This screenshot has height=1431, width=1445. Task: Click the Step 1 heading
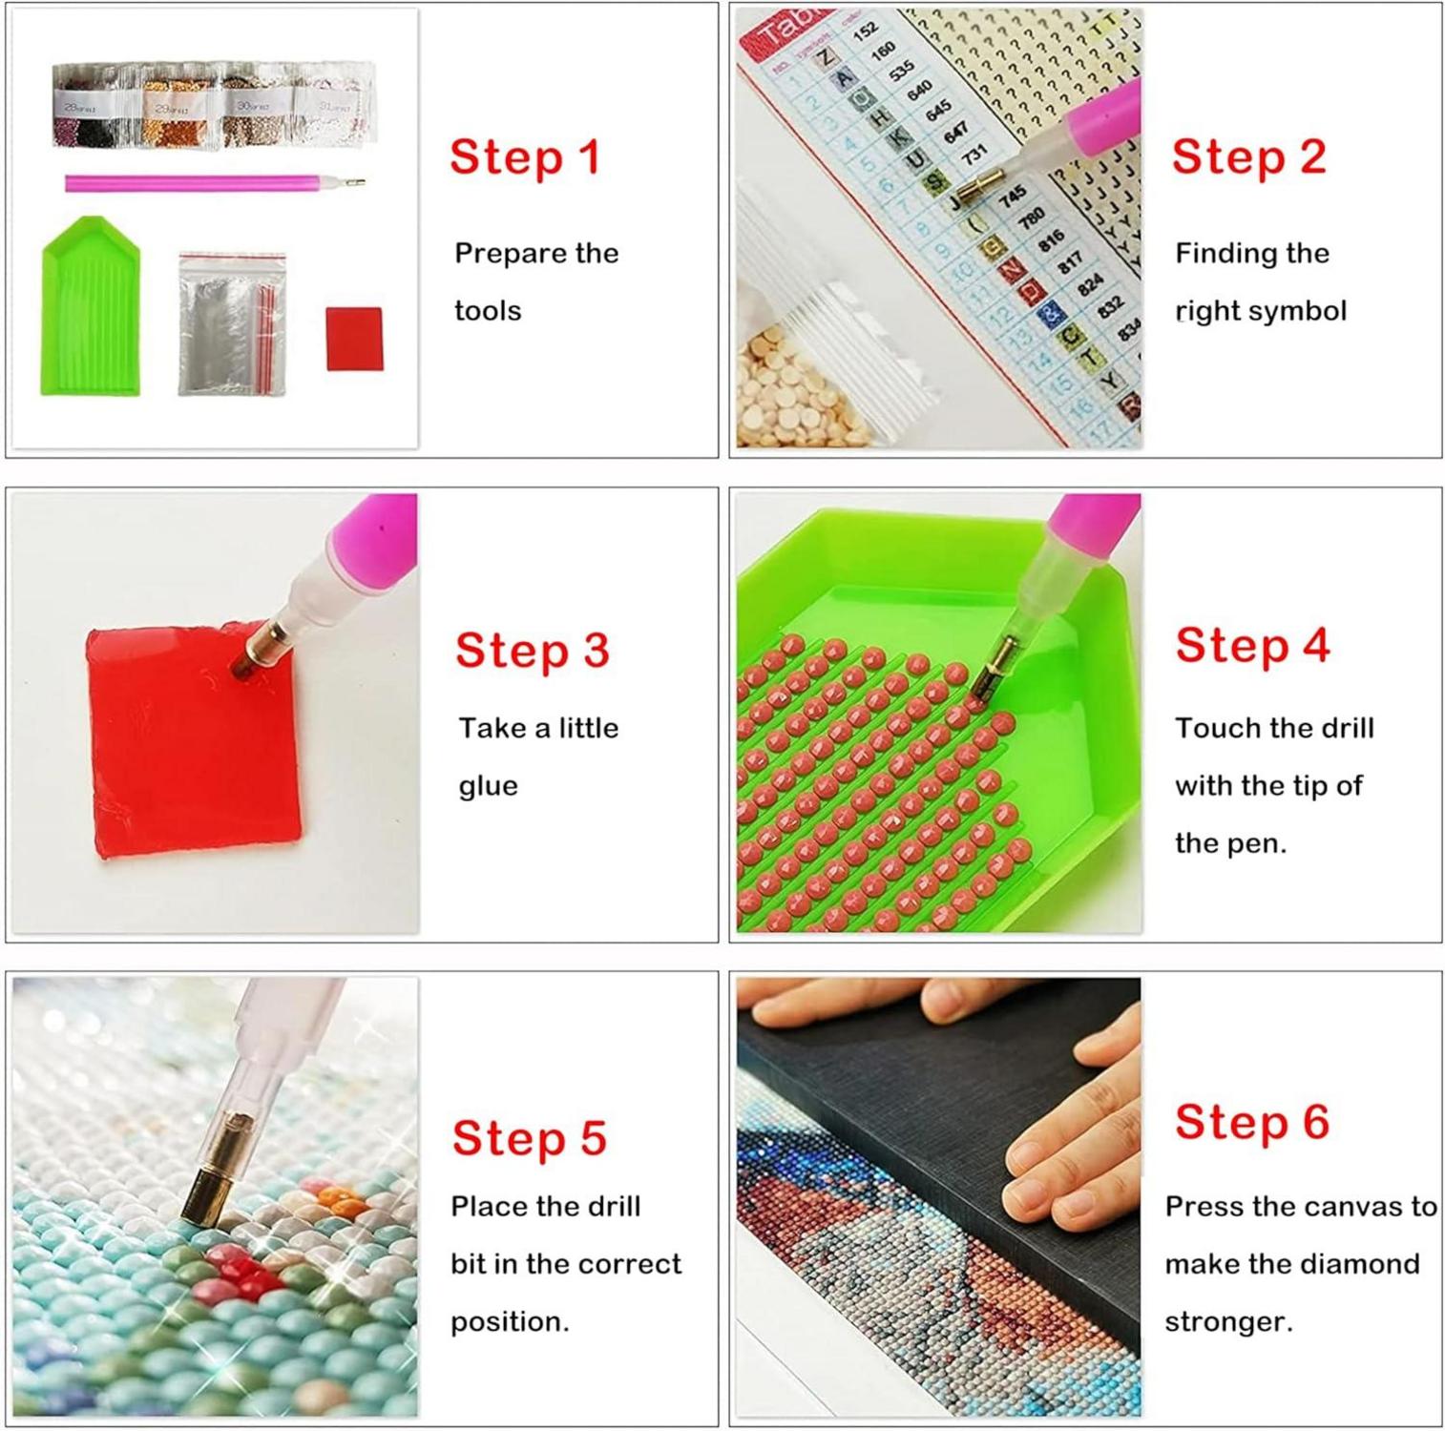pyautogui.click(x=525, y=157)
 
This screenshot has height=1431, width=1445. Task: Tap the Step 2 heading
pyautogui.click(x=1248, y=157)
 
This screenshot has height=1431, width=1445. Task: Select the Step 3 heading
pyautogui.click(x=532, y=651)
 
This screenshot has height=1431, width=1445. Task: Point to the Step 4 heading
pyautogui.click(x=1252, y=646)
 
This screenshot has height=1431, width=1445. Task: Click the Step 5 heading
pyautogui.click(x=529, y=1138)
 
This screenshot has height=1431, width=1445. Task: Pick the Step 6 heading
pyautogui.click(x=1251, y=1122)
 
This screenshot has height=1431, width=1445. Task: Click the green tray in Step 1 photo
pyautogui.click(x=91, y=310)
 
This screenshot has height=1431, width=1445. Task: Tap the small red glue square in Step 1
pyautogui.click(x=354, y=338)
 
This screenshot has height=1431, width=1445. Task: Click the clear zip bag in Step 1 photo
pyautogui.click(x=231, y=324)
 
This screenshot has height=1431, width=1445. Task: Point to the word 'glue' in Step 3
pyautogui.click(x=488, y=786)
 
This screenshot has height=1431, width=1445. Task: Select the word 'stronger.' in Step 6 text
pyautogui.click(x=1228, y=1322)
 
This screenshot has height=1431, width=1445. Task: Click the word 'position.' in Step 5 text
pyautogui.click(x=509, y=1322)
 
